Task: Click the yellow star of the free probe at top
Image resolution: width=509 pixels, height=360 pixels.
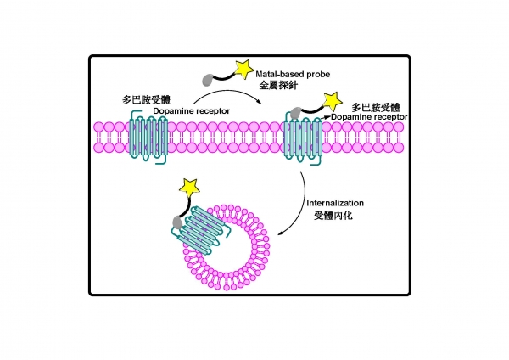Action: click(x=243, y=66)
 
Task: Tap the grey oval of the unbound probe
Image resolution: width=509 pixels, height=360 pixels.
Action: click(x=206, y=81)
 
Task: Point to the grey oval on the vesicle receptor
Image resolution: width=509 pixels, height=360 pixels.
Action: click(x=177, y=223)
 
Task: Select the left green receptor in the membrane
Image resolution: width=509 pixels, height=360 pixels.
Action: click(x=148, y=137)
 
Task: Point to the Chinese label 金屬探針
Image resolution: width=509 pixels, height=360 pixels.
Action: click(x=276, y=86)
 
